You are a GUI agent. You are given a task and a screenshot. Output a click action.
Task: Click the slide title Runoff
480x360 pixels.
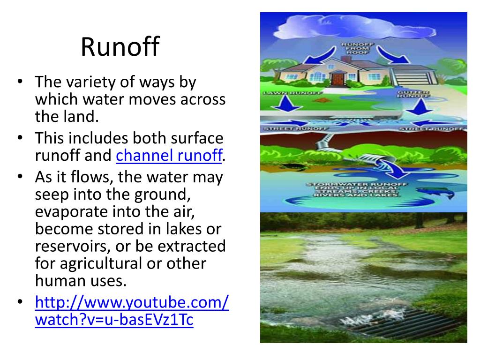tap(120, 47)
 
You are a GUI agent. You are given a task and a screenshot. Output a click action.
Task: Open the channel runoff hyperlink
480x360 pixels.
tap(169, 156)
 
